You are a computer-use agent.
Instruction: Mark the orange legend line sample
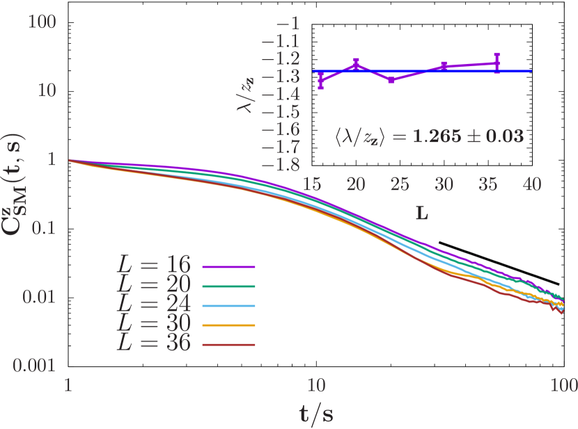coord(228,325)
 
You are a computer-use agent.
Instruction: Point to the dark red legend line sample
coord(228,345)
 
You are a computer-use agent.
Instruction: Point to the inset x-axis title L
coord(422,213)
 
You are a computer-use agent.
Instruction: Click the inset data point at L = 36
coord(497,63)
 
